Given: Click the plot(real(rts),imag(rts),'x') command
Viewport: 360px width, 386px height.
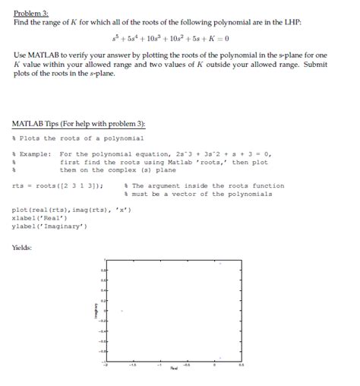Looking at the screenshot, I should pyautogui.click(x=73, y=210).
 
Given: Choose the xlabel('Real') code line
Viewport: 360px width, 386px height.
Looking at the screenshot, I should pyautogui.click(x=39, y=217).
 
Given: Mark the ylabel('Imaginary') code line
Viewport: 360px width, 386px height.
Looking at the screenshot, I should pyautogui.click(x=50, y=226).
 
